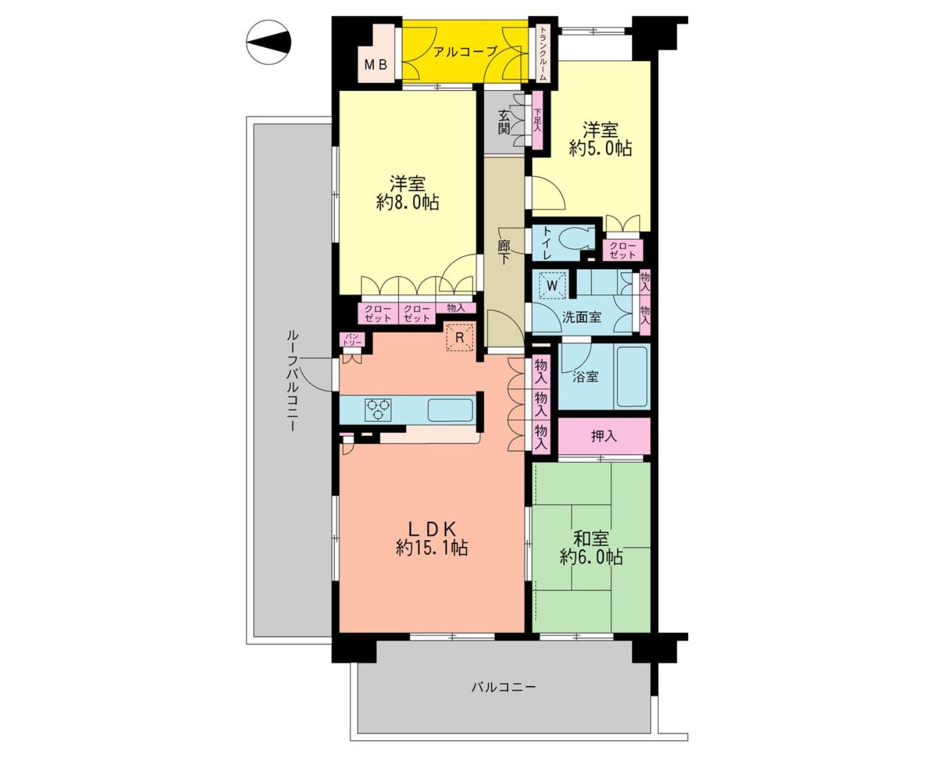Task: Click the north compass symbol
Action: (268, 43)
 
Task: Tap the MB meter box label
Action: (376, 65)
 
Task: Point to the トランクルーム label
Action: (542, 53)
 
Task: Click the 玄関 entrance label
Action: (504, 122)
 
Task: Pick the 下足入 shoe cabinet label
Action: (537, 124)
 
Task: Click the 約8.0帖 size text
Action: (407, 203)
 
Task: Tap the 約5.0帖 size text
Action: (601, 149)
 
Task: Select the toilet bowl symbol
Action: (577, 240)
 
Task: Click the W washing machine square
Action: (553, 285)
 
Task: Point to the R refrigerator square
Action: (460, 337)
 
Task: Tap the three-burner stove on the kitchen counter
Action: (378, 410)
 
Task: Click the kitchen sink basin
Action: (450, 410)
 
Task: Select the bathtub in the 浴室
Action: (632, 377)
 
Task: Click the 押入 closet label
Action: (604, 436)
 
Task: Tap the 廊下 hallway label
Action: (504, 253)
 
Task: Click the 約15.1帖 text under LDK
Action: (432, 548)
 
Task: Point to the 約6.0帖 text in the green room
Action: (591, 557)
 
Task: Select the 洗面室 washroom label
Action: (582, 318)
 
